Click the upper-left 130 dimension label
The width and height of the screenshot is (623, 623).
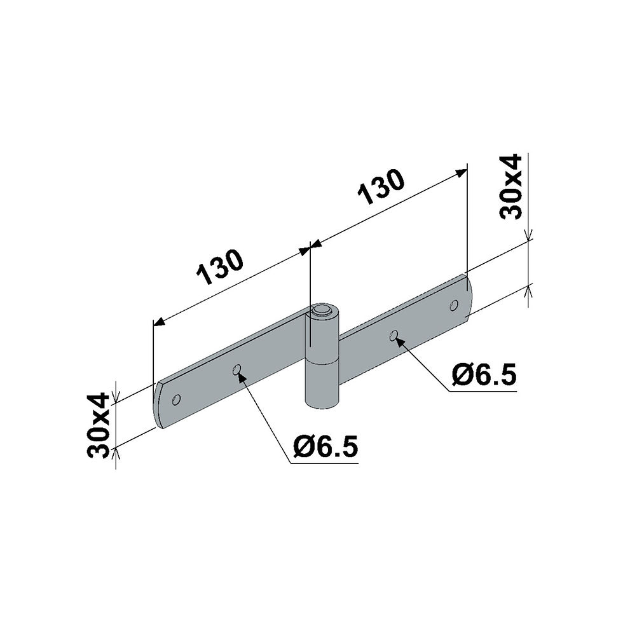(x=220, y=267)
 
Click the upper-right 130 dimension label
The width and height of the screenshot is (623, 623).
(x=381, y=187)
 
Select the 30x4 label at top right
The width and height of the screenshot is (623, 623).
(x=511, y=186)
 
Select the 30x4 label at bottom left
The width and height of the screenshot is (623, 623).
(x=98, y=425)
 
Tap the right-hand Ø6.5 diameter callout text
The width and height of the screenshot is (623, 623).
(x=484, y=374)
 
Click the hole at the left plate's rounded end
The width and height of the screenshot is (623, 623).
(x=176, y=399)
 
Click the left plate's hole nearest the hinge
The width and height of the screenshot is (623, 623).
(x=236, y=370)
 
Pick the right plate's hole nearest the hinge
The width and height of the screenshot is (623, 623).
(x=394, y=336)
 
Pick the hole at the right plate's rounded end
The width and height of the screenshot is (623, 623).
(x=453, y=305)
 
